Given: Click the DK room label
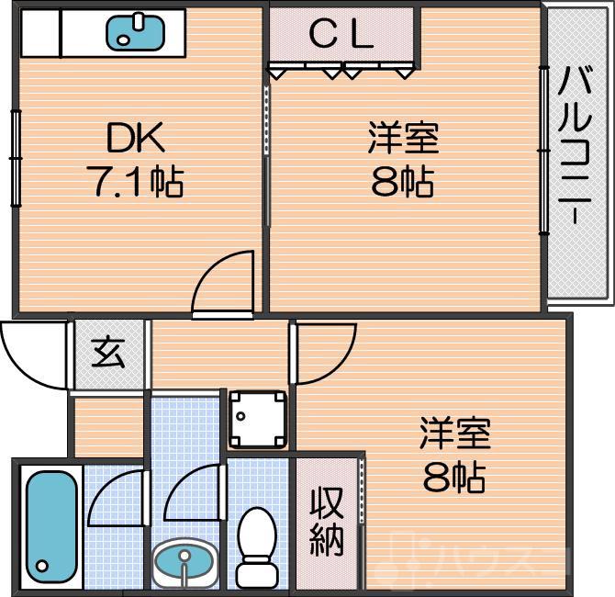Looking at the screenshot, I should pyautogui.click(x=135, y=139).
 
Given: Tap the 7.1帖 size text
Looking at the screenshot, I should pyautogui.click(x=135, y=182).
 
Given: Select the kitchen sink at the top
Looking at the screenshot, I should pyautogui.click(x=136, y=32).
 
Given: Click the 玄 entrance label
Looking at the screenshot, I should pyautogui.click(x=108, y=351).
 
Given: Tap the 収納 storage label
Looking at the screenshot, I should pyautogui.click(x=326, y=522).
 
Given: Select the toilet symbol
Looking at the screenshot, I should pyautogui.click(x=256, y=547).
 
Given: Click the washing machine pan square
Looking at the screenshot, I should pyautogui.click(x=257, y=419).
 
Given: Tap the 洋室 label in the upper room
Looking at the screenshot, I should pyautogui.click(x=402, y=139).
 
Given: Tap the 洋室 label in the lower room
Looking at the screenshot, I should pyautogui.click(x=454, y=433).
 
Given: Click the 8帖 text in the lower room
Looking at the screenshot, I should pyautogui.click(x=454, y=477).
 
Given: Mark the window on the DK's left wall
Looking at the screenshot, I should pyautogui.click(x=16, y=156).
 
